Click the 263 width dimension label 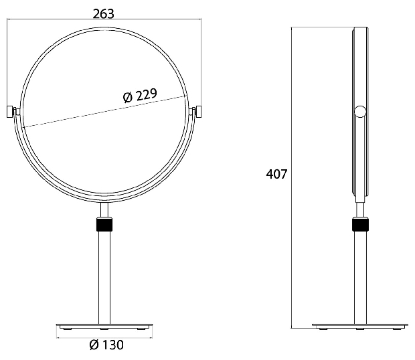point(104,14)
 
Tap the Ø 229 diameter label point(140,96)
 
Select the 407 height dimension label point(276,175)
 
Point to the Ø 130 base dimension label point(106,345)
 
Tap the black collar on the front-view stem point(104,224)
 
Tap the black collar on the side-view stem point(360,224)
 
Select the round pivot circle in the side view point(360,111)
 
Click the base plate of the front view point(104,326)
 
